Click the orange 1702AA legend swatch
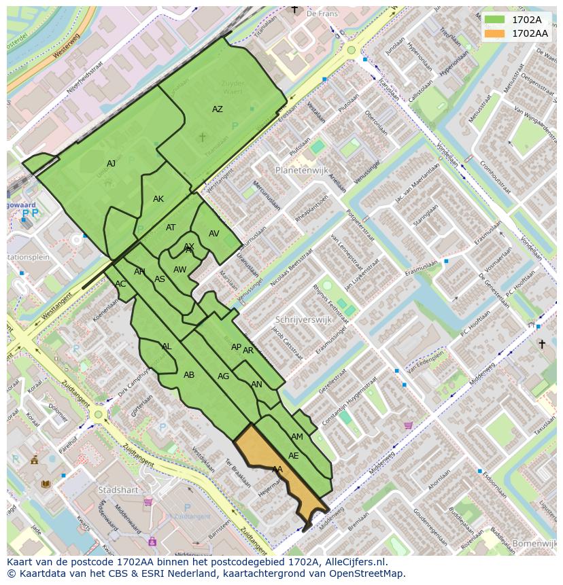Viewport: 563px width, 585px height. click(x=494, y=33)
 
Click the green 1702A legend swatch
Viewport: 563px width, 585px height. click(x=494, y=19)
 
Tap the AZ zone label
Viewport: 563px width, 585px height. click(x=217, y=109)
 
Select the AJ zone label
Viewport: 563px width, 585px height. click(x=112, y=164)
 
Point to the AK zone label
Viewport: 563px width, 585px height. click(x=158, y=199)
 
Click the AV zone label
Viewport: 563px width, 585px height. click(x=214, y=234)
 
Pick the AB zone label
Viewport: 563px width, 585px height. click(x=189, y=375)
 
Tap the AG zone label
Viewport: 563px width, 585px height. click(x=223, y=376)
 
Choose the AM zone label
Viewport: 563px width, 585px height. click(x=297, y=437)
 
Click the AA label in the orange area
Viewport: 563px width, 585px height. click(x=277, y=469)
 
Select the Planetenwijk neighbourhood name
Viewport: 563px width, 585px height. click(x=303, y=170)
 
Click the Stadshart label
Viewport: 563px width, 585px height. click(x=118, y=489)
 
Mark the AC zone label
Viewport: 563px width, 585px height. click(x=120, y=284)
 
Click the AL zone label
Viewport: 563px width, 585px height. click(x=167, y=347)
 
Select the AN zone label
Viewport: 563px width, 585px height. click(x=256, y=385)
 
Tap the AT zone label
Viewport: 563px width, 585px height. click(x=171, y=228)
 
